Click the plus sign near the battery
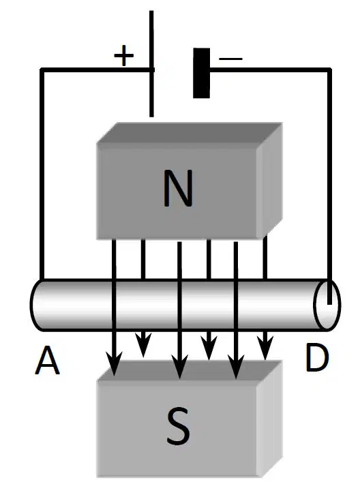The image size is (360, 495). coord(124,55)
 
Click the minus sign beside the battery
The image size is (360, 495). coord(230,59)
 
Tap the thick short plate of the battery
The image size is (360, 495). coord(201,73)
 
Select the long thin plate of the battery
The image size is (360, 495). coord(151,64)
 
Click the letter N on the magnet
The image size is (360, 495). coord(178,187)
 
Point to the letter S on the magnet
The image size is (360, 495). coord(179,426)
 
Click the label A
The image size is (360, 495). coord(47,360)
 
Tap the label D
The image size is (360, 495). coord(317,358)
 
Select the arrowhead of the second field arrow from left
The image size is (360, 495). coord(143,345)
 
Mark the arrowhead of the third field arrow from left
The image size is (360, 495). coord(180,366)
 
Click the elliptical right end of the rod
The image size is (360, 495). coord(327,305)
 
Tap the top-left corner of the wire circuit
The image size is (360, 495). coord(42,69)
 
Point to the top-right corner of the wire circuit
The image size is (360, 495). coord(329,69)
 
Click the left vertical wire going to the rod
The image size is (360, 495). coord(42,174)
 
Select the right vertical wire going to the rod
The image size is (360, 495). coord(329,186)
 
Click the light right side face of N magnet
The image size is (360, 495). coord(269,181)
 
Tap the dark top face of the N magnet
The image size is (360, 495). coord(190,133)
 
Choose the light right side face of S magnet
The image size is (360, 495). coord(269,419)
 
